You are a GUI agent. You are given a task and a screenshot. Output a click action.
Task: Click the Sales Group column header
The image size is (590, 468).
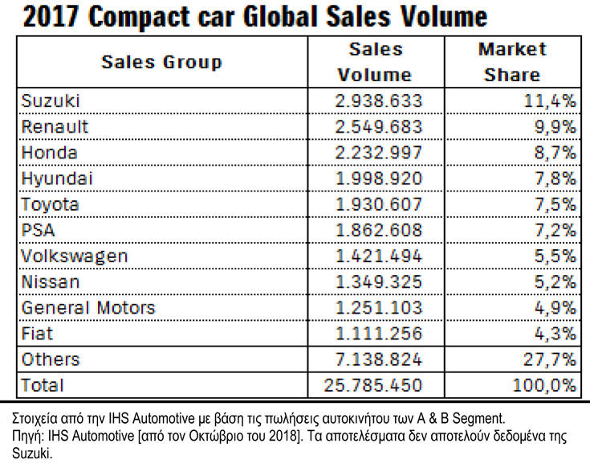[161, 62]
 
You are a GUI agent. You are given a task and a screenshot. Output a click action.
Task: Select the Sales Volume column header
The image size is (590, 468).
[375, 62]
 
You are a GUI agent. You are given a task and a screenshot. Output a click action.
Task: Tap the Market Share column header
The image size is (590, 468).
[512, 62]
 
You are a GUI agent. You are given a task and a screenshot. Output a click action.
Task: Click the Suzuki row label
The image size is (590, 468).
[51, 101]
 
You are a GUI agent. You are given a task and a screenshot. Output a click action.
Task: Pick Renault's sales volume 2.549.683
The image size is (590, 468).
[378, 127]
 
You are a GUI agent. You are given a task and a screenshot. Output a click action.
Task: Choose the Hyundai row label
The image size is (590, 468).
[57, 179]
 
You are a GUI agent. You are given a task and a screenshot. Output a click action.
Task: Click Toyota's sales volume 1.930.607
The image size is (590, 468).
[378, 204]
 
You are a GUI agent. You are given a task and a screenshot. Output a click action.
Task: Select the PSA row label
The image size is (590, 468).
[38, 230]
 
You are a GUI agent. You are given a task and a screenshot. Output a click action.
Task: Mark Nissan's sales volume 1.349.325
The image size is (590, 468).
[378, 281]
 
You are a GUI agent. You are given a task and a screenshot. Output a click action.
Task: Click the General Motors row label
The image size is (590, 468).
[88, 307]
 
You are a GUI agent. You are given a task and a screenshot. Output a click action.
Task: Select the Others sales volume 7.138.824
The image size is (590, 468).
[378, 359]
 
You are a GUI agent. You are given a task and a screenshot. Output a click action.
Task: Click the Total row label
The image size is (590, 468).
[43, 384]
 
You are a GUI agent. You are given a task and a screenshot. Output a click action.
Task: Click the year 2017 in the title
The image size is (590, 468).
[47, 17]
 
